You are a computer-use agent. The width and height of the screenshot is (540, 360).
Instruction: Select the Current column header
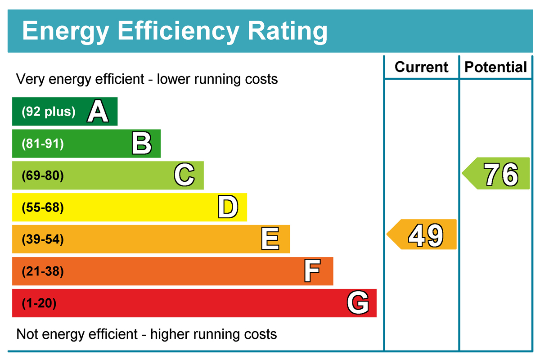click(x=421, y=67)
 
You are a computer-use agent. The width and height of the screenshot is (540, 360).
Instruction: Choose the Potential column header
click(x=495, y=67)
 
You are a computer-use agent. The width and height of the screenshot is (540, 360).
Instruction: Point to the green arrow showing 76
click(x=497, y=173)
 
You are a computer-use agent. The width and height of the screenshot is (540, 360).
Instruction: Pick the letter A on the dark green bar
click(x=98, y=112)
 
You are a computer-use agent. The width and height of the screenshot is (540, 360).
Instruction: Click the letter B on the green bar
click(x=141, y=144)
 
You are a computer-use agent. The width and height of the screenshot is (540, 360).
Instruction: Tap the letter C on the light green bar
click(x=184, y=175)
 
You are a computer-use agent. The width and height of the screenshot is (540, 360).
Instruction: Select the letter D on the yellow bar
click(x=227, y=207)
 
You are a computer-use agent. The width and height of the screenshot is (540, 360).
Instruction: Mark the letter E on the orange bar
click(x=270, y=239)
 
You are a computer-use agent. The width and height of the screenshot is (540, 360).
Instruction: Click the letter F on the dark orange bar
click(x=312, y=271)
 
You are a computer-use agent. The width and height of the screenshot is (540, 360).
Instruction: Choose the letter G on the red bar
click(x=358, y=303)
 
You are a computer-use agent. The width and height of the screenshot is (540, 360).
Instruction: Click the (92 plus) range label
click(x=49, y=112)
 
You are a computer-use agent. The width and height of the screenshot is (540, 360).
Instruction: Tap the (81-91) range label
click(x=43, y=144)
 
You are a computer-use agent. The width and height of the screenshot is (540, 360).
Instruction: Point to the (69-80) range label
click(x=43, y=176)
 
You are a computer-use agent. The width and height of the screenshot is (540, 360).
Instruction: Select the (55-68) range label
click(x=43, y=208)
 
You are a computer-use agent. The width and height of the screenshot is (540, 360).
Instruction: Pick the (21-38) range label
click(x=43, y=272)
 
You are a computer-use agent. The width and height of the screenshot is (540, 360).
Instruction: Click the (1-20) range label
click(x=39, y=304)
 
